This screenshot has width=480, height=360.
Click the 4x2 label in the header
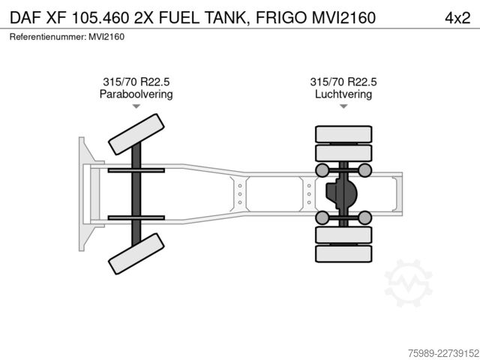tap(457, 18)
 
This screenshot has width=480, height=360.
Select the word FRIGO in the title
tap(280, 18)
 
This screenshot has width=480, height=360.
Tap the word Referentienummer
tap(47, 37)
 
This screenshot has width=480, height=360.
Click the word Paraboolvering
tap(136, 94)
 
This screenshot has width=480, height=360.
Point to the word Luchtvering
tap(343, 94)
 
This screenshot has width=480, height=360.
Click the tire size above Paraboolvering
tap(136, 82)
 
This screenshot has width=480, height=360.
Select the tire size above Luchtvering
tap(343, 82)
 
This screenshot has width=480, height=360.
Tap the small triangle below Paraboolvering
tap(136, 106)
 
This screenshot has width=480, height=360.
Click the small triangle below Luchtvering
tap(343, 106)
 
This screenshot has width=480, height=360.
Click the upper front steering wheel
tap(136, 134)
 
